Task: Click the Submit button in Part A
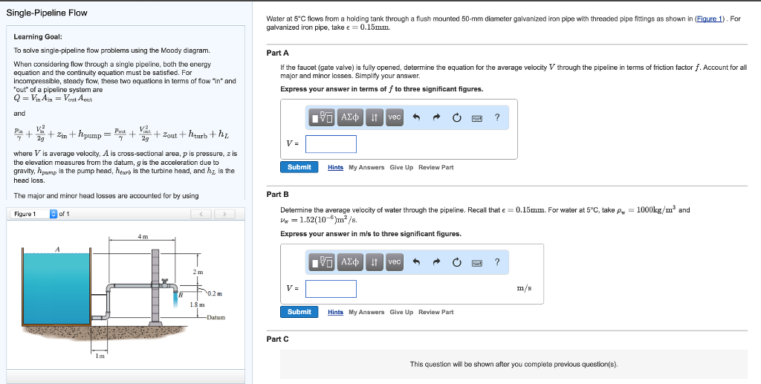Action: (x=299, y=167)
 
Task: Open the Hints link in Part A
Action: (x=336, y=168)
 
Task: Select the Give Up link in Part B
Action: (x=401, y=312)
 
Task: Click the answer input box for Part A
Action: (x=331, y=144)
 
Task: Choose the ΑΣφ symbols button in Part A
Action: (x=349, y=117)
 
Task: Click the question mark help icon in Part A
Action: (x=497, y=117)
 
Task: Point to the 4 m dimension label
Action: (x=142, y=236)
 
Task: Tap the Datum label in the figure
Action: (x=216, y=317)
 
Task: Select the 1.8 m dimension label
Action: (x=198, y=305)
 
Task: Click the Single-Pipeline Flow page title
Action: (x=47, y=13)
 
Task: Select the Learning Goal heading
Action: (x=38, y=36)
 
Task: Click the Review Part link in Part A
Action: (x=435, y=168)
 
